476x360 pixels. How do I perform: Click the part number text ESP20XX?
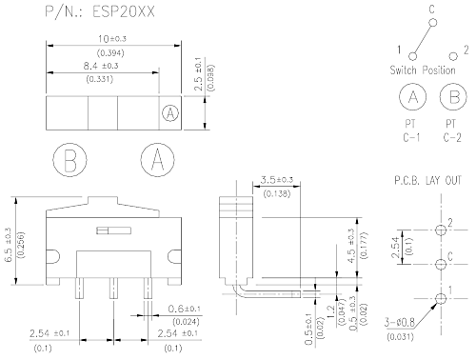[x=124, y=11]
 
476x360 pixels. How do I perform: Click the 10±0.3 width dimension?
[x=112, y=39]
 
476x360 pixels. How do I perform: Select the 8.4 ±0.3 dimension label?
[x=101, y=66]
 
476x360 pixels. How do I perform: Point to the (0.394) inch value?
[x=110, y=52]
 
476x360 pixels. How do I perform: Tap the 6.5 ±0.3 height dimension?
[x=9, y=245]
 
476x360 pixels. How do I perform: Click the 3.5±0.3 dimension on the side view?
[x=277, y=180]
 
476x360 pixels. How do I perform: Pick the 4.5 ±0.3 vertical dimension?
[x=351, y=246]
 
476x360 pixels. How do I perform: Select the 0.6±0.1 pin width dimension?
[x=184, y=309]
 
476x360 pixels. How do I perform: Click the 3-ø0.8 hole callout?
[x=400, y=322]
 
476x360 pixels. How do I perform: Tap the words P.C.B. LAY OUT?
[x=427, y=180]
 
